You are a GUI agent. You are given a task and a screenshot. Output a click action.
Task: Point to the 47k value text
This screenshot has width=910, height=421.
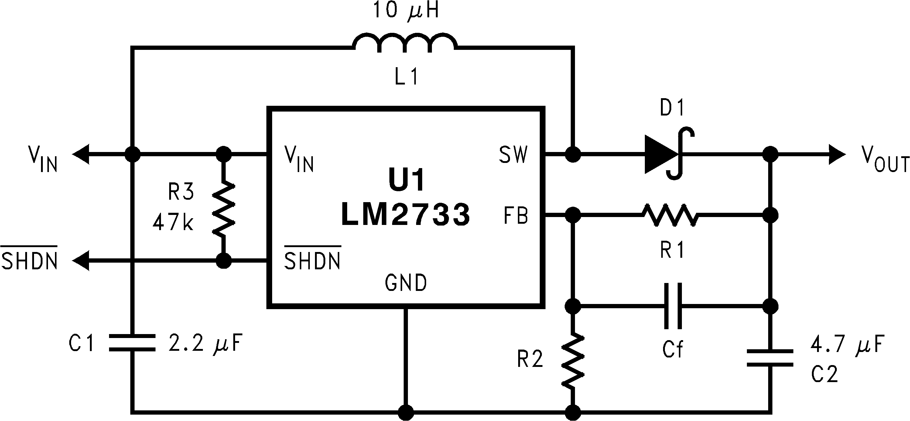tap(173, 223)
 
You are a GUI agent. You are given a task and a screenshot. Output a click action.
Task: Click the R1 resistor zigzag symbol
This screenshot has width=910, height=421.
tap(670, 215)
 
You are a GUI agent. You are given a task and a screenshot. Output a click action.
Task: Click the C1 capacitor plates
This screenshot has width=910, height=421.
tap(132, 343)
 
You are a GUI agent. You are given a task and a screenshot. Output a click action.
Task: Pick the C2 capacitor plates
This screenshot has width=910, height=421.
tap(770, 358)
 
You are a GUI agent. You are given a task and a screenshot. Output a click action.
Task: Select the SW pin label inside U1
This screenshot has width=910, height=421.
tap(513, 155)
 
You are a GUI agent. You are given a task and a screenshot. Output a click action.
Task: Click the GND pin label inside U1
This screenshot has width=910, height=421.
tap(405, 283)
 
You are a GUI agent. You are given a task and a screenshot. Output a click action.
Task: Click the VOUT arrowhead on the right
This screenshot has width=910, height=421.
tap(836, 154)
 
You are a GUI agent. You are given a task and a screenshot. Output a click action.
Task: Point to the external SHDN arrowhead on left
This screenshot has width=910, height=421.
tap(80, 261)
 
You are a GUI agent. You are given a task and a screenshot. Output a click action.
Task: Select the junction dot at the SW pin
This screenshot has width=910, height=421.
tap(573, 154)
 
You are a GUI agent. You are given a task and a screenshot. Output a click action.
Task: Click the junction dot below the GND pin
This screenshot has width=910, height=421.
tap(405, 412)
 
